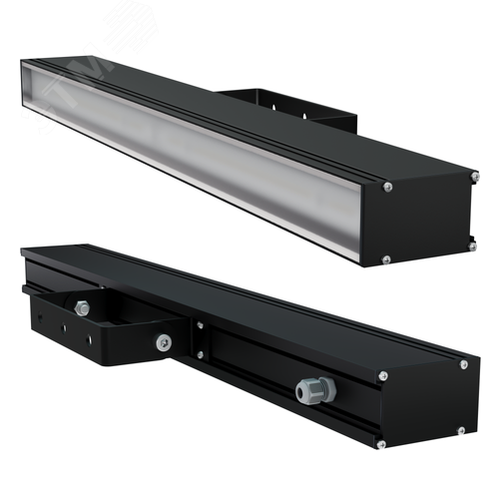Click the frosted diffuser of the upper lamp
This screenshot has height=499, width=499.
pos(200,150)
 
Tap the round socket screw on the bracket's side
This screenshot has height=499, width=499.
pos(163,341)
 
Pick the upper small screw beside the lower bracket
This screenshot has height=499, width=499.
pos(201,324)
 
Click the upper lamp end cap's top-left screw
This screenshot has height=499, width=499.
pos(388,186)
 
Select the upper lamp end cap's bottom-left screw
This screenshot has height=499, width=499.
pos(387,259)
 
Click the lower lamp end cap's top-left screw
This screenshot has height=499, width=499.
pos(382,375)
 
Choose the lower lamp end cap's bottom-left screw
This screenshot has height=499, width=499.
pos(381,442)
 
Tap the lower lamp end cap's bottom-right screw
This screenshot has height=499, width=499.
pos(461,430)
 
